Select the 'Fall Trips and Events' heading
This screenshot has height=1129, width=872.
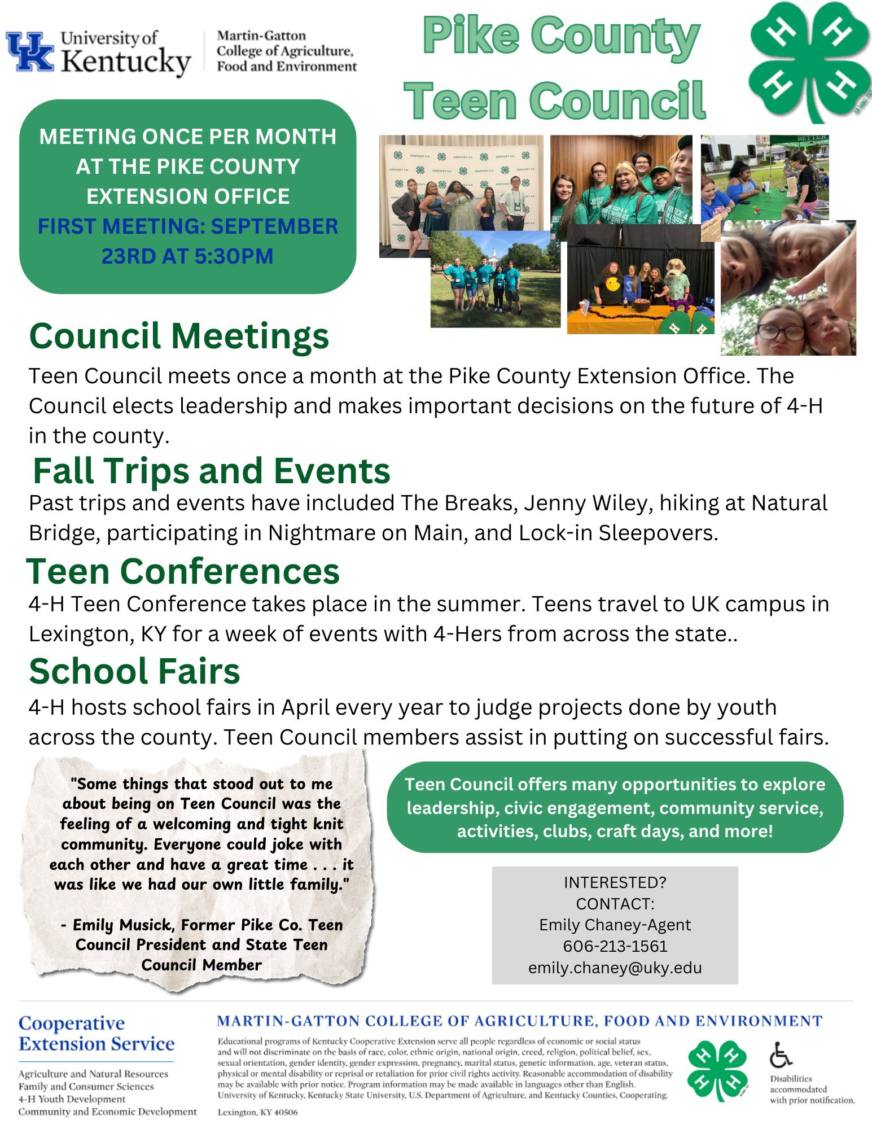212,471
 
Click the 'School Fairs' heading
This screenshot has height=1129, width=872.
134,671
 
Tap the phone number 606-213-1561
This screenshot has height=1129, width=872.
615,946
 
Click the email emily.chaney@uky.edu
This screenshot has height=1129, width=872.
615,968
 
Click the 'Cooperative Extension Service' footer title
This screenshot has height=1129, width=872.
97,1034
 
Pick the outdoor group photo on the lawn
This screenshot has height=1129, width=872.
495,279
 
